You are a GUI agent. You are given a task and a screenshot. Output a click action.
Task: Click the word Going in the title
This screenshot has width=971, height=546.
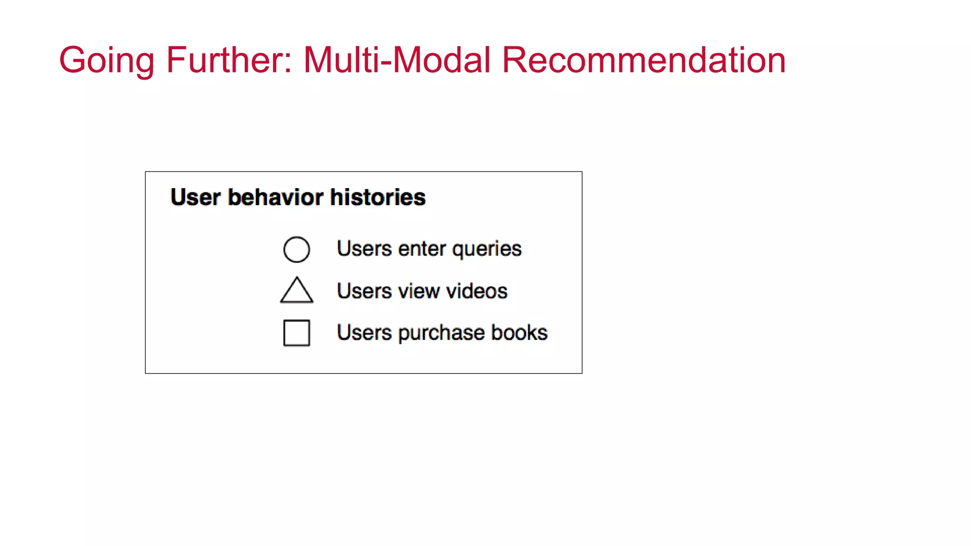point(106,61)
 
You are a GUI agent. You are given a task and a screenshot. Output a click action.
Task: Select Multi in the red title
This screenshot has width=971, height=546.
point(340,60)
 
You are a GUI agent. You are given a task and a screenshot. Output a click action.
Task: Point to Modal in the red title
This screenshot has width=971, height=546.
point(441,60)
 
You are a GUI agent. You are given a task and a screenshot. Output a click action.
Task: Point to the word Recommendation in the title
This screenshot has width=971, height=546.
point(643,60)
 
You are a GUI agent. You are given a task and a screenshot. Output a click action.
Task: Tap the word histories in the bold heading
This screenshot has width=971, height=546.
point(378,197)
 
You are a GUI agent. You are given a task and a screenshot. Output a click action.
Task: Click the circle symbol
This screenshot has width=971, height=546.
point(297,249)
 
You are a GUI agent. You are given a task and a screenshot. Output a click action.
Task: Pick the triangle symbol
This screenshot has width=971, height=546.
point(297,291)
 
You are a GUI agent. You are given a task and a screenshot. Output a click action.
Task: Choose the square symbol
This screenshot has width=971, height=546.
point(297,333)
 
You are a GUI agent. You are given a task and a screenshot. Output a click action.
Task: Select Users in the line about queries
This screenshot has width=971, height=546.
point(365,249)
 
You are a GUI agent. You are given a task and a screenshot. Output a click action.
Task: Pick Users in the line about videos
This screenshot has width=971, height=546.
point(365,291)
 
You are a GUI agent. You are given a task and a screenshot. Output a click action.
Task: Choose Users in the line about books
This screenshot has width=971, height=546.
point(365,333)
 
